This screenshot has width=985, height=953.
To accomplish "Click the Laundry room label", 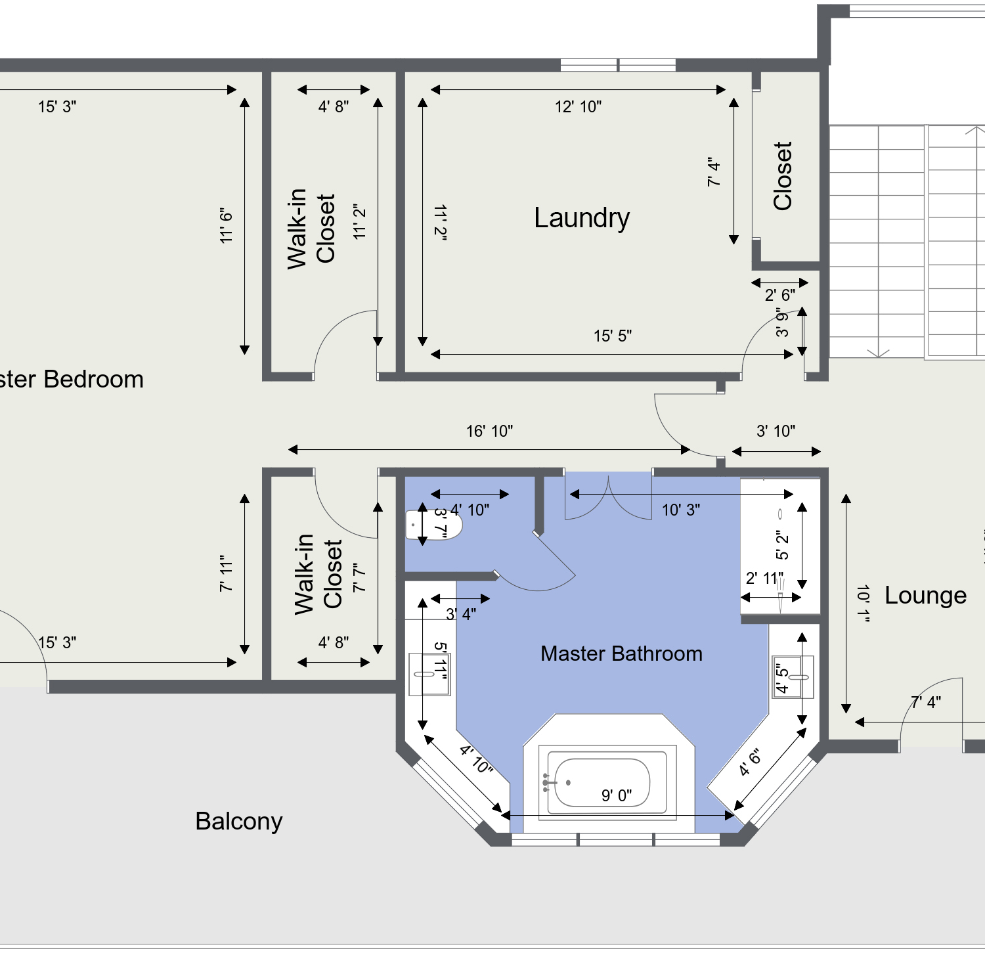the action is click(582, 218).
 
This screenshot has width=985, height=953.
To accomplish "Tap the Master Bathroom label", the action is click(621, 654).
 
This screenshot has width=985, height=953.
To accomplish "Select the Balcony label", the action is click(239, 822).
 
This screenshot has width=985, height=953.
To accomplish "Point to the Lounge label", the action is click(925, 596).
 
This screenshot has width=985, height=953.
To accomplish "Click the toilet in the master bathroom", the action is click(433, 525).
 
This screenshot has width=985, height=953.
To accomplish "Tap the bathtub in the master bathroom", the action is click(602, 783).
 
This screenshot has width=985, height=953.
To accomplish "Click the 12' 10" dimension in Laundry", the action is click(578, 107).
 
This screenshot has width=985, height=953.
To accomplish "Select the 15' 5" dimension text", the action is click(613, 336).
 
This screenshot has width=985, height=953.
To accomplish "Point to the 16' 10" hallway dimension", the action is click(489, 432).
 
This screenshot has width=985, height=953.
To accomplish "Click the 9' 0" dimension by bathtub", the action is click(617, 795).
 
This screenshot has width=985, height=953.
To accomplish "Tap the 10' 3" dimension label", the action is click(681, 510).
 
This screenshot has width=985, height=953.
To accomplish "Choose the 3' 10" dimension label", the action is click(776, 432).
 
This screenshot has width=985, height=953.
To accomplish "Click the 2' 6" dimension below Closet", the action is click(780, 296).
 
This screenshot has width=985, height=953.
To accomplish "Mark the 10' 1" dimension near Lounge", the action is click(863, 603).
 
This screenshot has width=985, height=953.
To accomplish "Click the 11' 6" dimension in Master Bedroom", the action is click(227, 226).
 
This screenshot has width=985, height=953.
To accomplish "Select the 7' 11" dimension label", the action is click(227, 573).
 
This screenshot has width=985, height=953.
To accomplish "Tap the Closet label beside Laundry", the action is click(783, 176).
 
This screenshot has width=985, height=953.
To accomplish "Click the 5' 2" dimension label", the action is click(781, 545).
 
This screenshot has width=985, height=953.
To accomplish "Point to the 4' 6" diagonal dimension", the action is click(750, 762).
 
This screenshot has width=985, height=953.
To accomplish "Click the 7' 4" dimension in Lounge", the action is click(926, 702).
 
